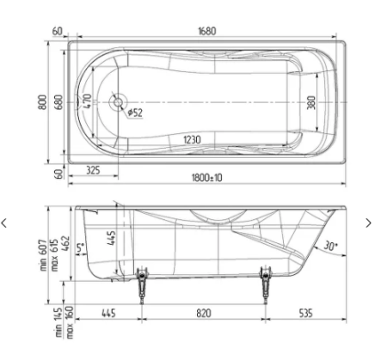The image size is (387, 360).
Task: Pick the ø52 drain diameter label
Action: pyautogui.click(x=135, y=114)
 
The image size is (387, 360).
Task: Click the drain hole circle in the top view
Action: pyautogui.click(x=118, y=102)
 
